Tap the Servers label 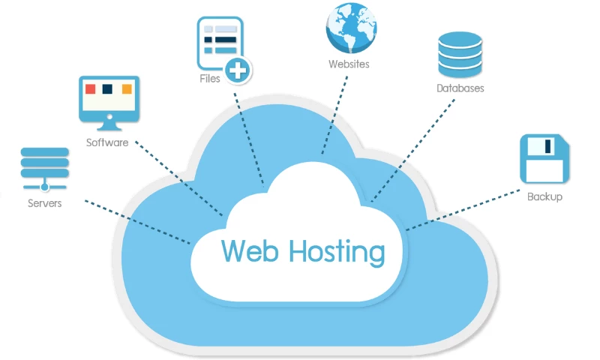point(45,203)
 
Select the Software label point(107,142)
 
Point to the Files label point(210,77)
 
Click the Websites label point(349,64)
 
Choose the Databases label point(460,88)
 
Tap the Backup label point(544,197)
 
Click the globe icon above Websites point(350,27)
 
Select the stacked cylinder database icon point(459,54)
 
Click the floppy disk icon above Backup point(545,159)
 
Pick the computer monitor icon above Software point(109,102)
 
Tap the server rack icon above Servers point(45,168)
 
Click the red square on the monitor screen point(91,89)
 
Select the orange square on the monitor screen point(127,89)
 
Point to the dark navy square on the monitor point(109,89)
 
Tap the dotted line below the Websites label point(334,112)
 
